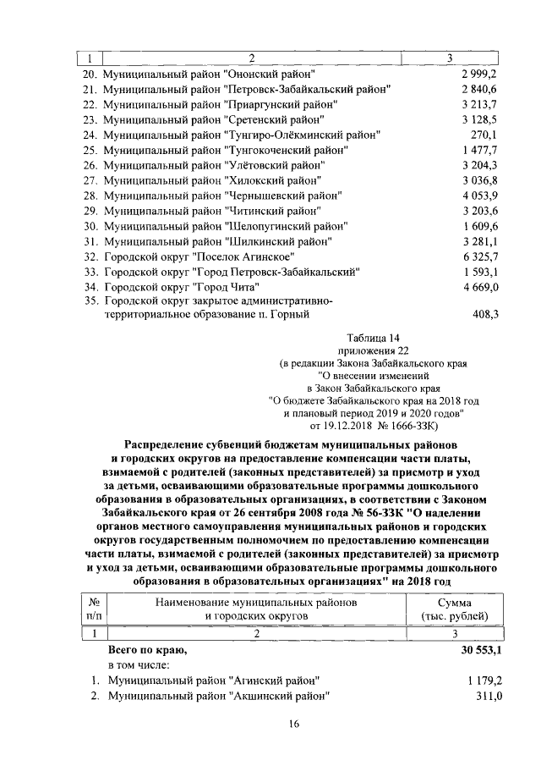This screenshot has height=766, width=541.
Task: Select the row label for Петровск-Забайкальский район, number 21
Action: click(246, 89)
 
